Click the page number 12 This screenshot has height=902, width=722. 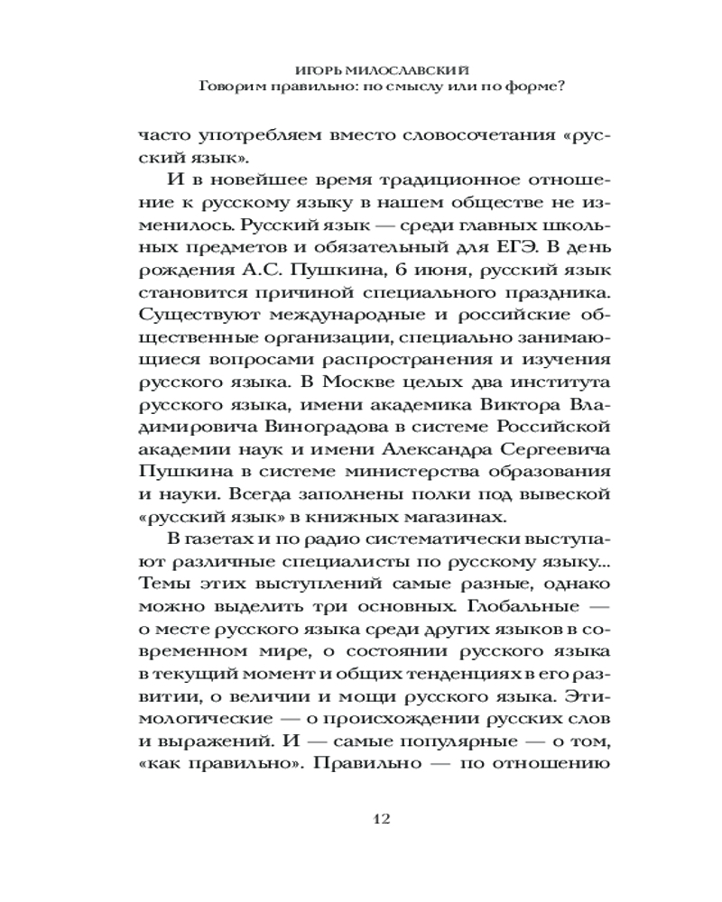(x=380, y=819)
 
